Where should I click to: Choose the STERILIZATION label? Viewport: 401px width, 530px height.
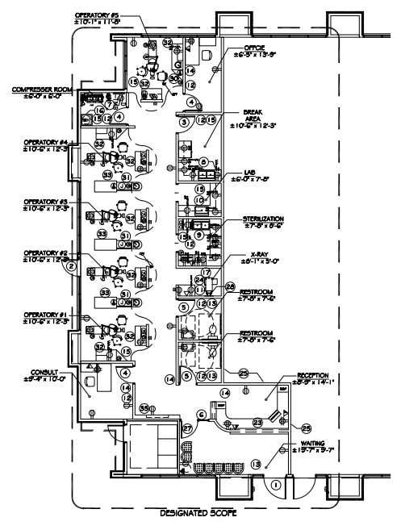(264, 219)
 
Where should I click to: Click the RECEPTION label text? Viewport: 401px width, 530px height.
(314, 375)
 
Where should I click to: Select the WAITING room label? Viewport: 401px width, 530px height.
(312, 443)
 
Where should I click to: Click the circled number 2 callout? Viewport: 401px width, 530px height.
(71, 265)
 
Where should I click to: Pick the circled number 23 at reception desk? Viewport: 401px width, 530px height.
(257, 421)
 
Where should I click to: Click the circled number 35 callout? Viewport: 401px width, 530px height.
(144, 409)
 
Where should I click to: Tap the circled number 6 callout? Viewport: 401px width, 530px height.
(201, 415)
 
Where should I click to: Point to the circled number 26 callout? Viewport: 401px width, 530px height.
(229, 287)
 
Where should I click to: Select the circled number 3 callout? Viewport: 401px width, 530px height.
(184, 121)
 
